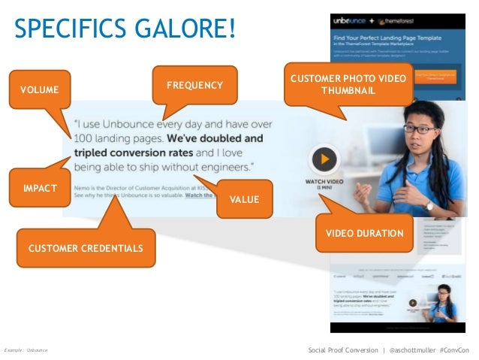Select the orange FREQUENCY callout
point(194,85)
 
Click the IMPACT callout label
point(40,187)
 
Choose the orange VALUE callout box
point(243,199)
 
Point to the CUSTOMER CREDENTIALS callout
point(85,247)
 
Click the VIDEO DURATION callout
point(364,234)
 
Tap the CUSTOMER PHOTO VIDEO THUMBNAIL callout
point(348,84)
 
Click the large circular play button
point(324,159)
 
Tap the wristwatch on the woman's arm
point(429,205)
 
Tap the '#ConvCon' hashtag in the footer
point(454,350)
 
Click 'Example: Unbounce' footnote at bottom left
point(26,351)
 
